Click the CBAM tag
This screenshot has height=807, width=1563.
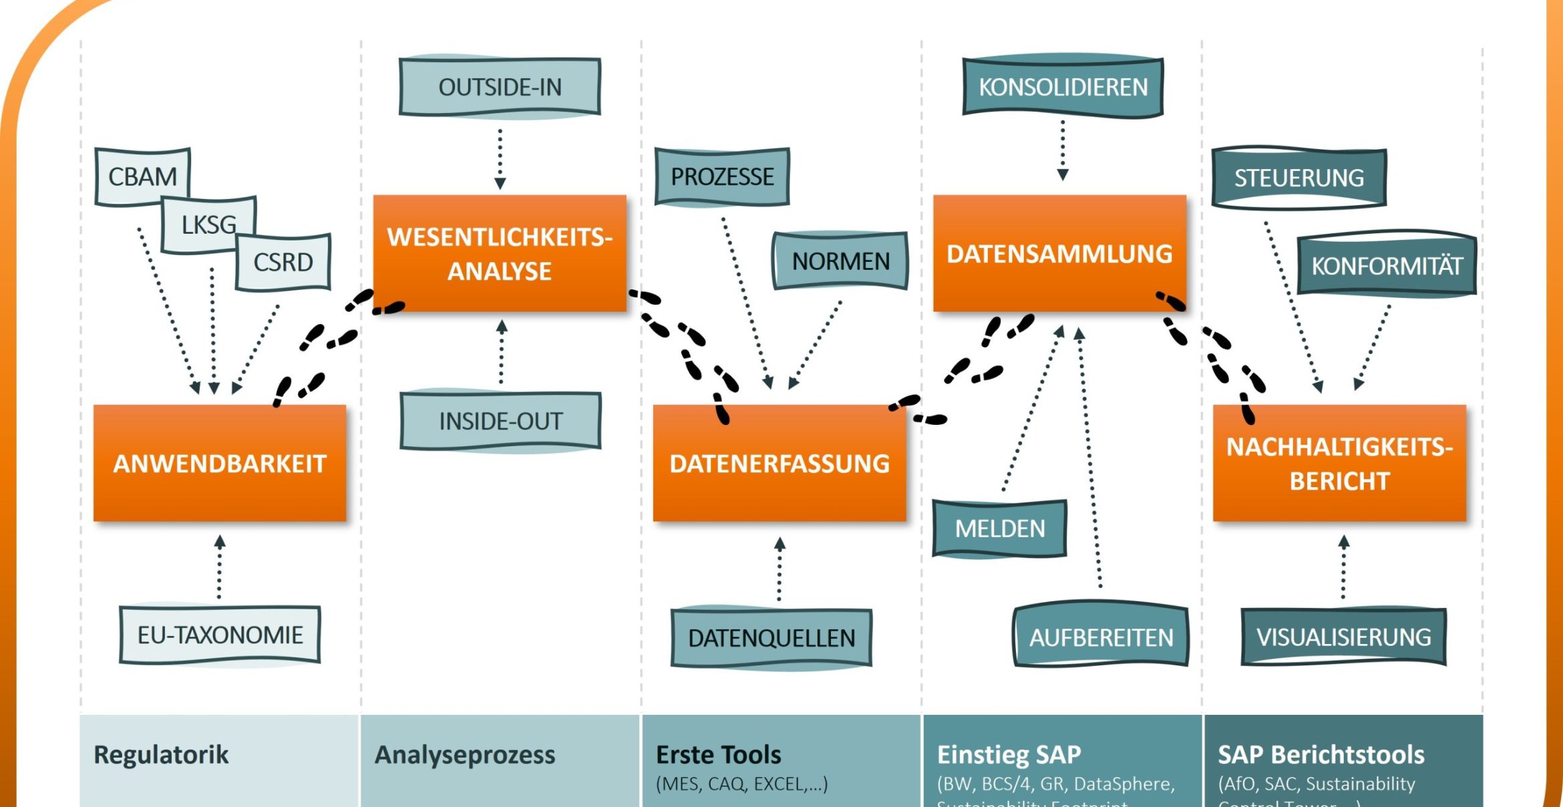tap(142, 176)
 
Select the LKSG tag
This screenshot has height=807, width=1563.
tap(208, 224)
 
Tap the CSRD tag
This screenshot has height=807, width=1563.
tap(283, 262)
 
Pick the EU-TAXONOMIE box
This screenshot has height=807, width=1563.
tap(220, 635)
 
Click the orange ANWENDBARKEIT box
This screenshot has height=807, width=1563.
tap(220, 463)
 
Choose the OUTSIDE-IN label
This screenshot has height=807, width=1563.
tap(500, 87)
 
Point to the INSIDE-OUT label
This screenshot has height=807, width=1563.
tap(500, 421)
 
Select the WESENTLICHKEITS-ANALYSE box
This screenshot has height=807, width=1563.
tap(500, 254)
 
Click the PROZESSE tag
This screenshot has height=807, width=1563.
tap(722, 177)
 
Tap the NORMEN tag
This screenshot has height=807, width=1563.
tap(840, 261)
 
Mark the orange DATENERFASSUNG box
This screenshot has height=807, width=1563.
tap(779, 463)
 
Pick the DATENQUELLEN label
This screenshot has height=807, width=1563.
tap(771, 638)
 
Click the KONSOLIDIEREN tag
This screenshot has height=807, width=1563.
tap(1063, 87)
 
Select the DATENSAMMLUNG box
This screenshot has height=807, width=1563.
tap(1059, 254)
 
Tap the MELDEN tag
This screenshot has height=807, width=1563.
tap(999, 528)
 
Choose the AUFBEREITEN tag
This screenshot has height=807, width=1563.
tap(1101, 637)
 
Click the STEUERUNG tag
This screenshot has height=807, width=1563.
tap(1298, 178)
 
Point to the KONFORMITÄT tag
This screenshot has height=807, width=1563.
tap(1387, 266)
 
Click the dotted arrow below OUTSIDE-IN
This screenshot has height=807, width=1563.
tap(500, 158)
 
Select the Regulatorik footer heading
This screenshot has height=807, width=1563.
tap(161, 755)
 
